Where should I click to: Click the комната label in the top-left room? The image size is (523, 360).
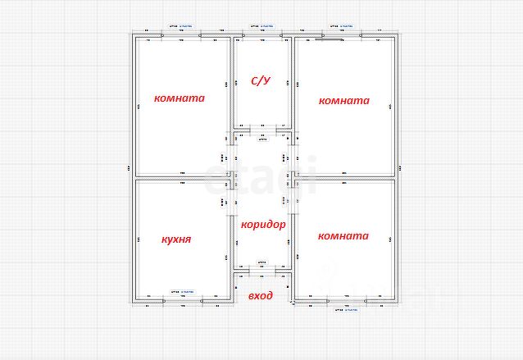click(180, 98)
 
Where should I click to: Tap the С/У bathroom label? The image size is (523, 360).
click(261, 80)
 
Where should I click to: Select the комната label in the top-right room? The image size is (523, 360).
click(344, 101)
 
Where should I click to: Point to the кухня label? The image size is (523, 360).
click(176, 239)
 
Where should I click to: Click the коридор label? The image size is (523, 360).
click(263, 224)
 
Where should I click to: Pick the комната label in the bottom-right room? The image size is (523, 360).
click(343, 235)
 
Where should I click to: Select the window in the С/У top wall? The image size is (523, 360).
click(261, 34)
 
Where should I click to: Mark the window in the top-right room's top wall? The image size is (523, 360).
click(342, 34)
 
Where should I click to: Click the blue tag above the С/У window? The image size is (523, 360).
click(261, 26)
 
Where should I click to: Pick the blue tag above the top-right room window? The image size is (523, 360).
click(341, 26)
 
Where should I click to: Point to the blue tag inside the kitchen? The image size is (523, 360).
click(182, 291)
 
